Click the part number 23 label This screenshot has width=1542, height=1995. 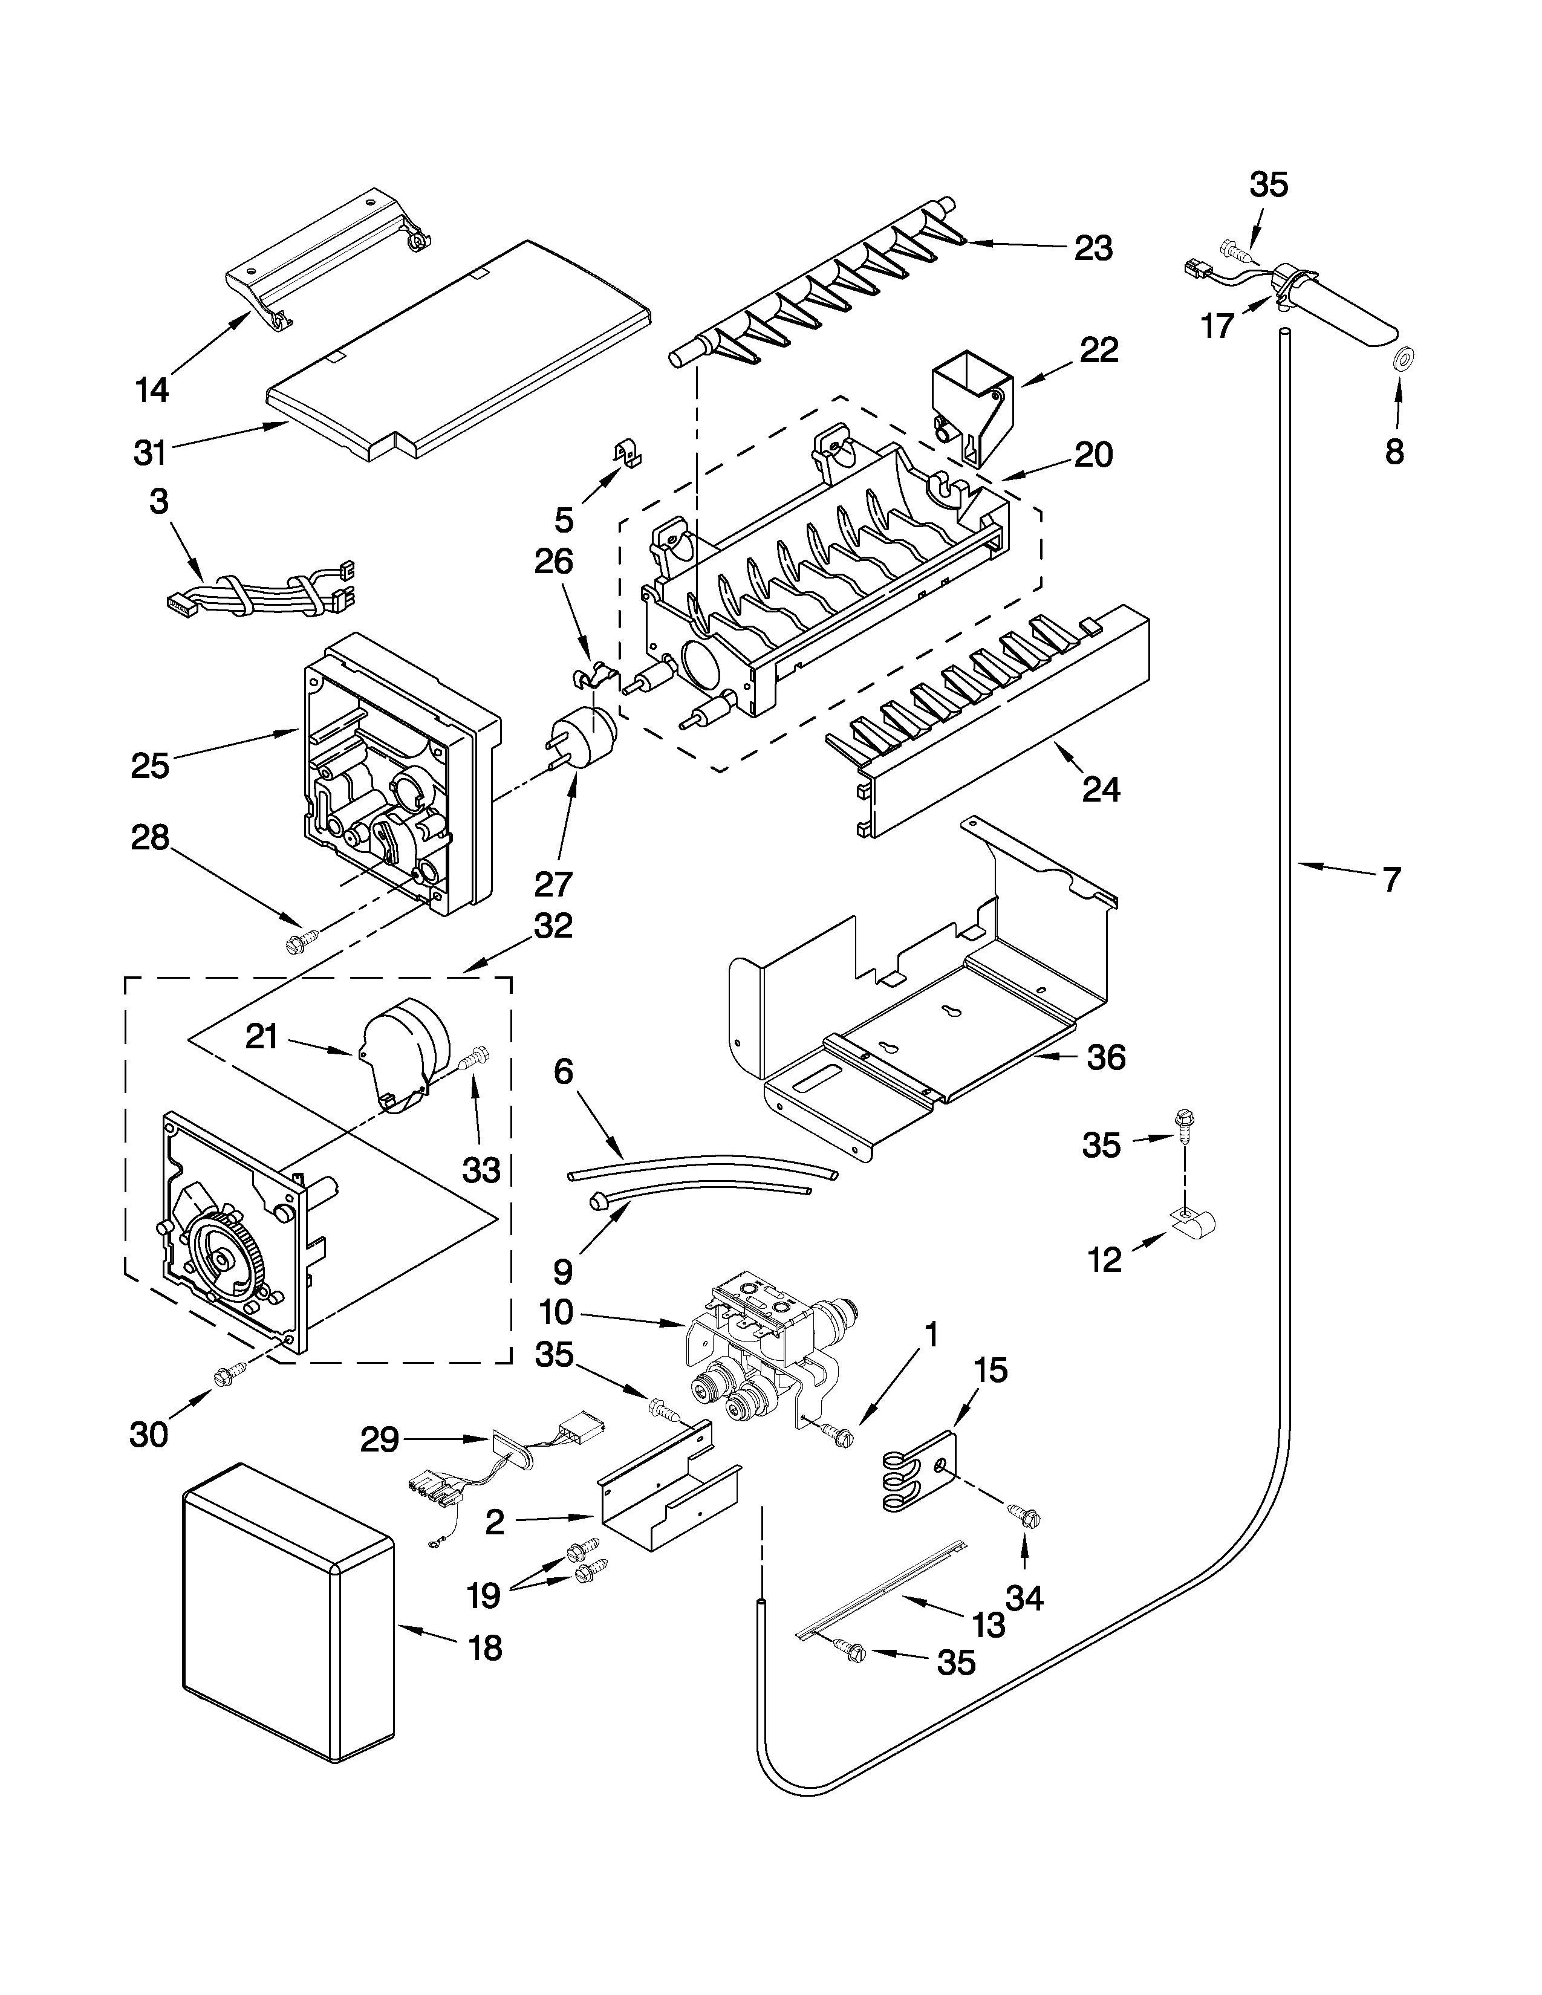1093,248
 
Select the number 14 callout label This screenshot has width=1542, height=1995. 152,390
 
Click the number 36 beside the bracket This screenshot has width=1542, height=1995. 1105,1058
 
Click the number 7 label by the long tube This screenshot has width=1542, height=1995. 1390,880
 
